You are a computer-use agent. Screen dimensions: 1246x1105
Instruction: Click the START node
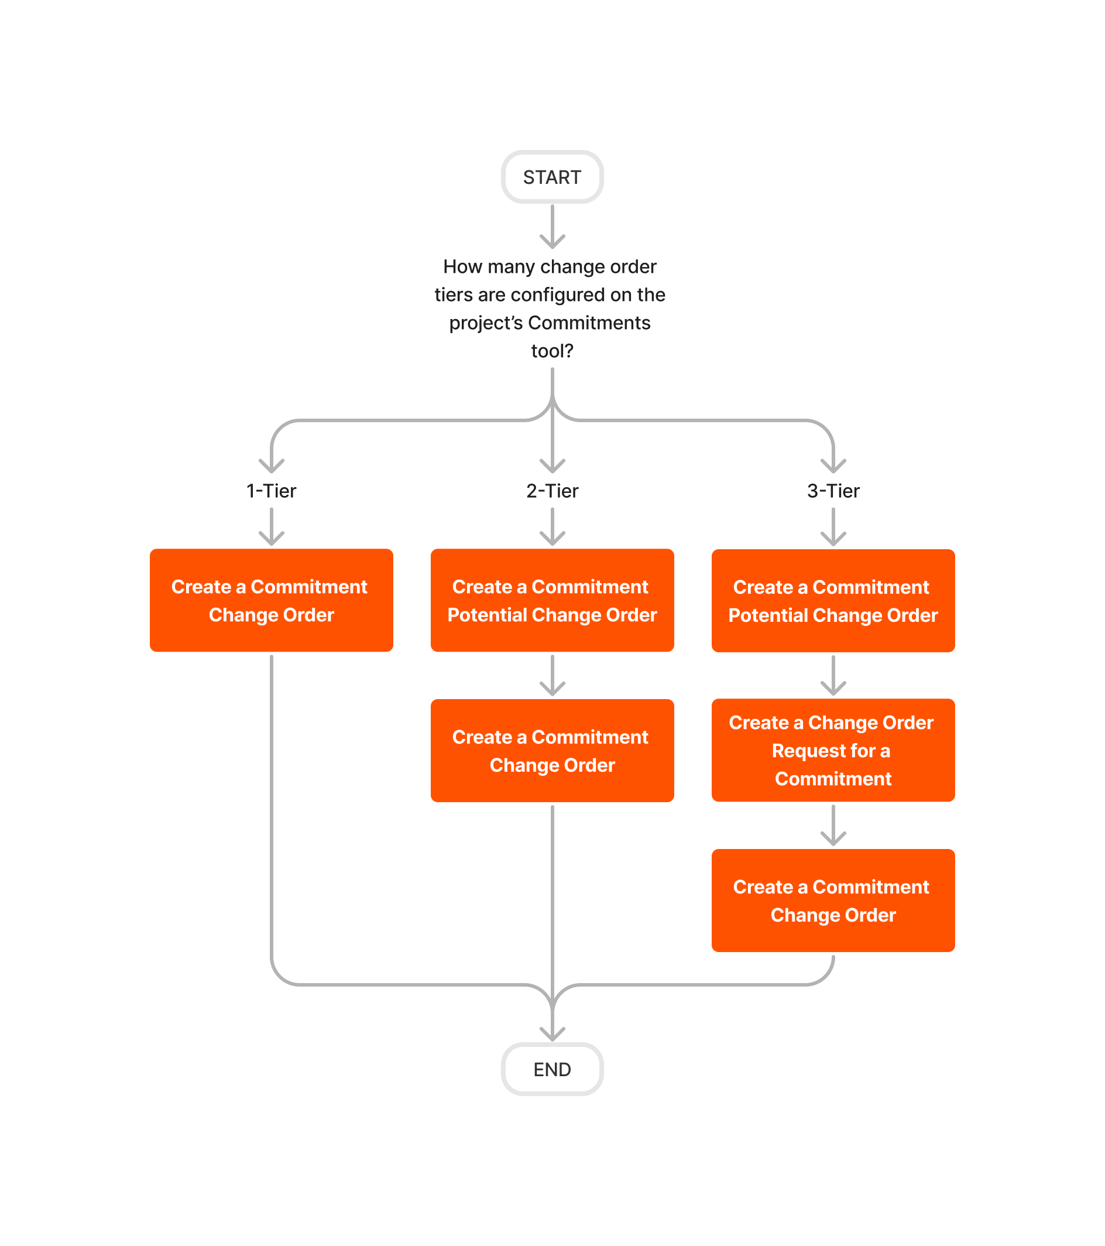tap(551, 177)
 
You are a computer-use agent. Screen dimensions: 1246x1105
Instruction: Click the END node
tap(551, 1069)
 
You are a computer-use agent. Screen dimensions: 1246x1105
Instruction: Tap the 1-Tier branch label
tap(271, 491)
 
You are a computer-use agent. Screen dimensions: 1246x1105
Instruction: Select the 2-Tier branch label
tap(552, 491)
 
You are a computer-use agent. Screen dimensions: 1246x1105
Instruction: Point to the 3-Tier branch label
tap(833, 491)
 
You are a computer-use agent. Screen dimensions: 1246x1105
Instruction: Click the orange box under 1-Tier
tap(271, 600)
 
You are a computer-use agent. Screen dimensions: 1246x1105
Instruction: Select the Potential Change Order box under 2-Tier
tap(552, 600)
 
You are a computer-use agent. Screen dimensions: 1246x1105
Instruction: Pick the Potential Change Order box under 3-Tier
tap(833, 600)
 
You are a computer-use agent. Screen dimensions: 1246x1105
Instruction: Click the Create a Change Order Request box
tap(833, 750)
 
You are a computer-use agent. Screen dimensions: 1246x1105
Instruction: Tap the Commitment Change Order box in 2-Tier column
tap(552, 750)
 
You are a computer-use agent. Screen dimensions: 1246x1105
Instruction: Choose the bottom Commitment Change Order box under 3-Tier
tap(833, 900)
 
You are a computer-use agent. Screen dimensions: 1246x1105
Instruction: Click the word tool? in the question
tap(552, 351)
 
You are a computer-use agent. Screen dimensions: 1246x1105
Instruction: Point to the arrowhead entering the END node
tap(552, 1034)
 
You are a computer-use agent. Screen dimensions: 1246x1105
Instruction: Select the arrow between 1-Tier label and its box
tap(271, 527)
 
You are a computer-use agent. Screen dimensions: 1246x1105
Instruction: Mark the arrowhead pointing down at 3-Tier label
tap(833, 466)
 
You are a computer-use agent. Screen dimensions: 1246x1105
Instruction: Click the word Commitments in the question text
tap(589, 323)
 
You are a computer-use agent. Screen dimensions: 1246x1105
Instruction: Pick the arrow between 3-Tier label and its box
tap(833, 527)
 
